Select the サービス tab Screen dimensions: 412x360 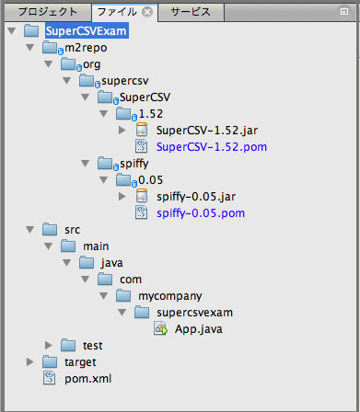[x=190, y=12]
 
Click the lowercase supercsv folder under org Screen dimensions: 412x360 [x=128, y=81]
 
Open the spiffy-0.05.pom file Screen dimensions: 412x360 [x=201, y=212]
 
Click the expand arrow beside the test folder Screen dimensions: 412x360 [x=49, y=345]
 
